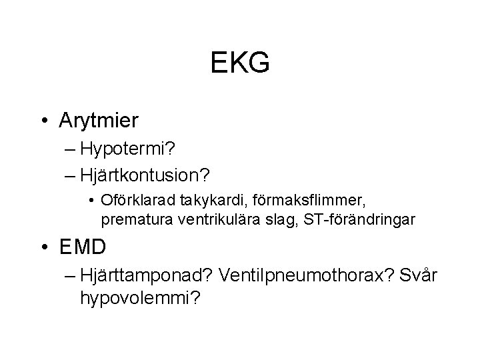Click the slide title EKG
click(x=240, y=63)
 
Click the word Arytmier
click(x=98, y=121)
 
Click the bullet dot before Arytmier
click(x=43, y=121)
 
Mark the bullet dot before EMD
click(x=43, y=247)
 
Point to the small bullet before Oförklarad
click(x=90, y=200)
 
